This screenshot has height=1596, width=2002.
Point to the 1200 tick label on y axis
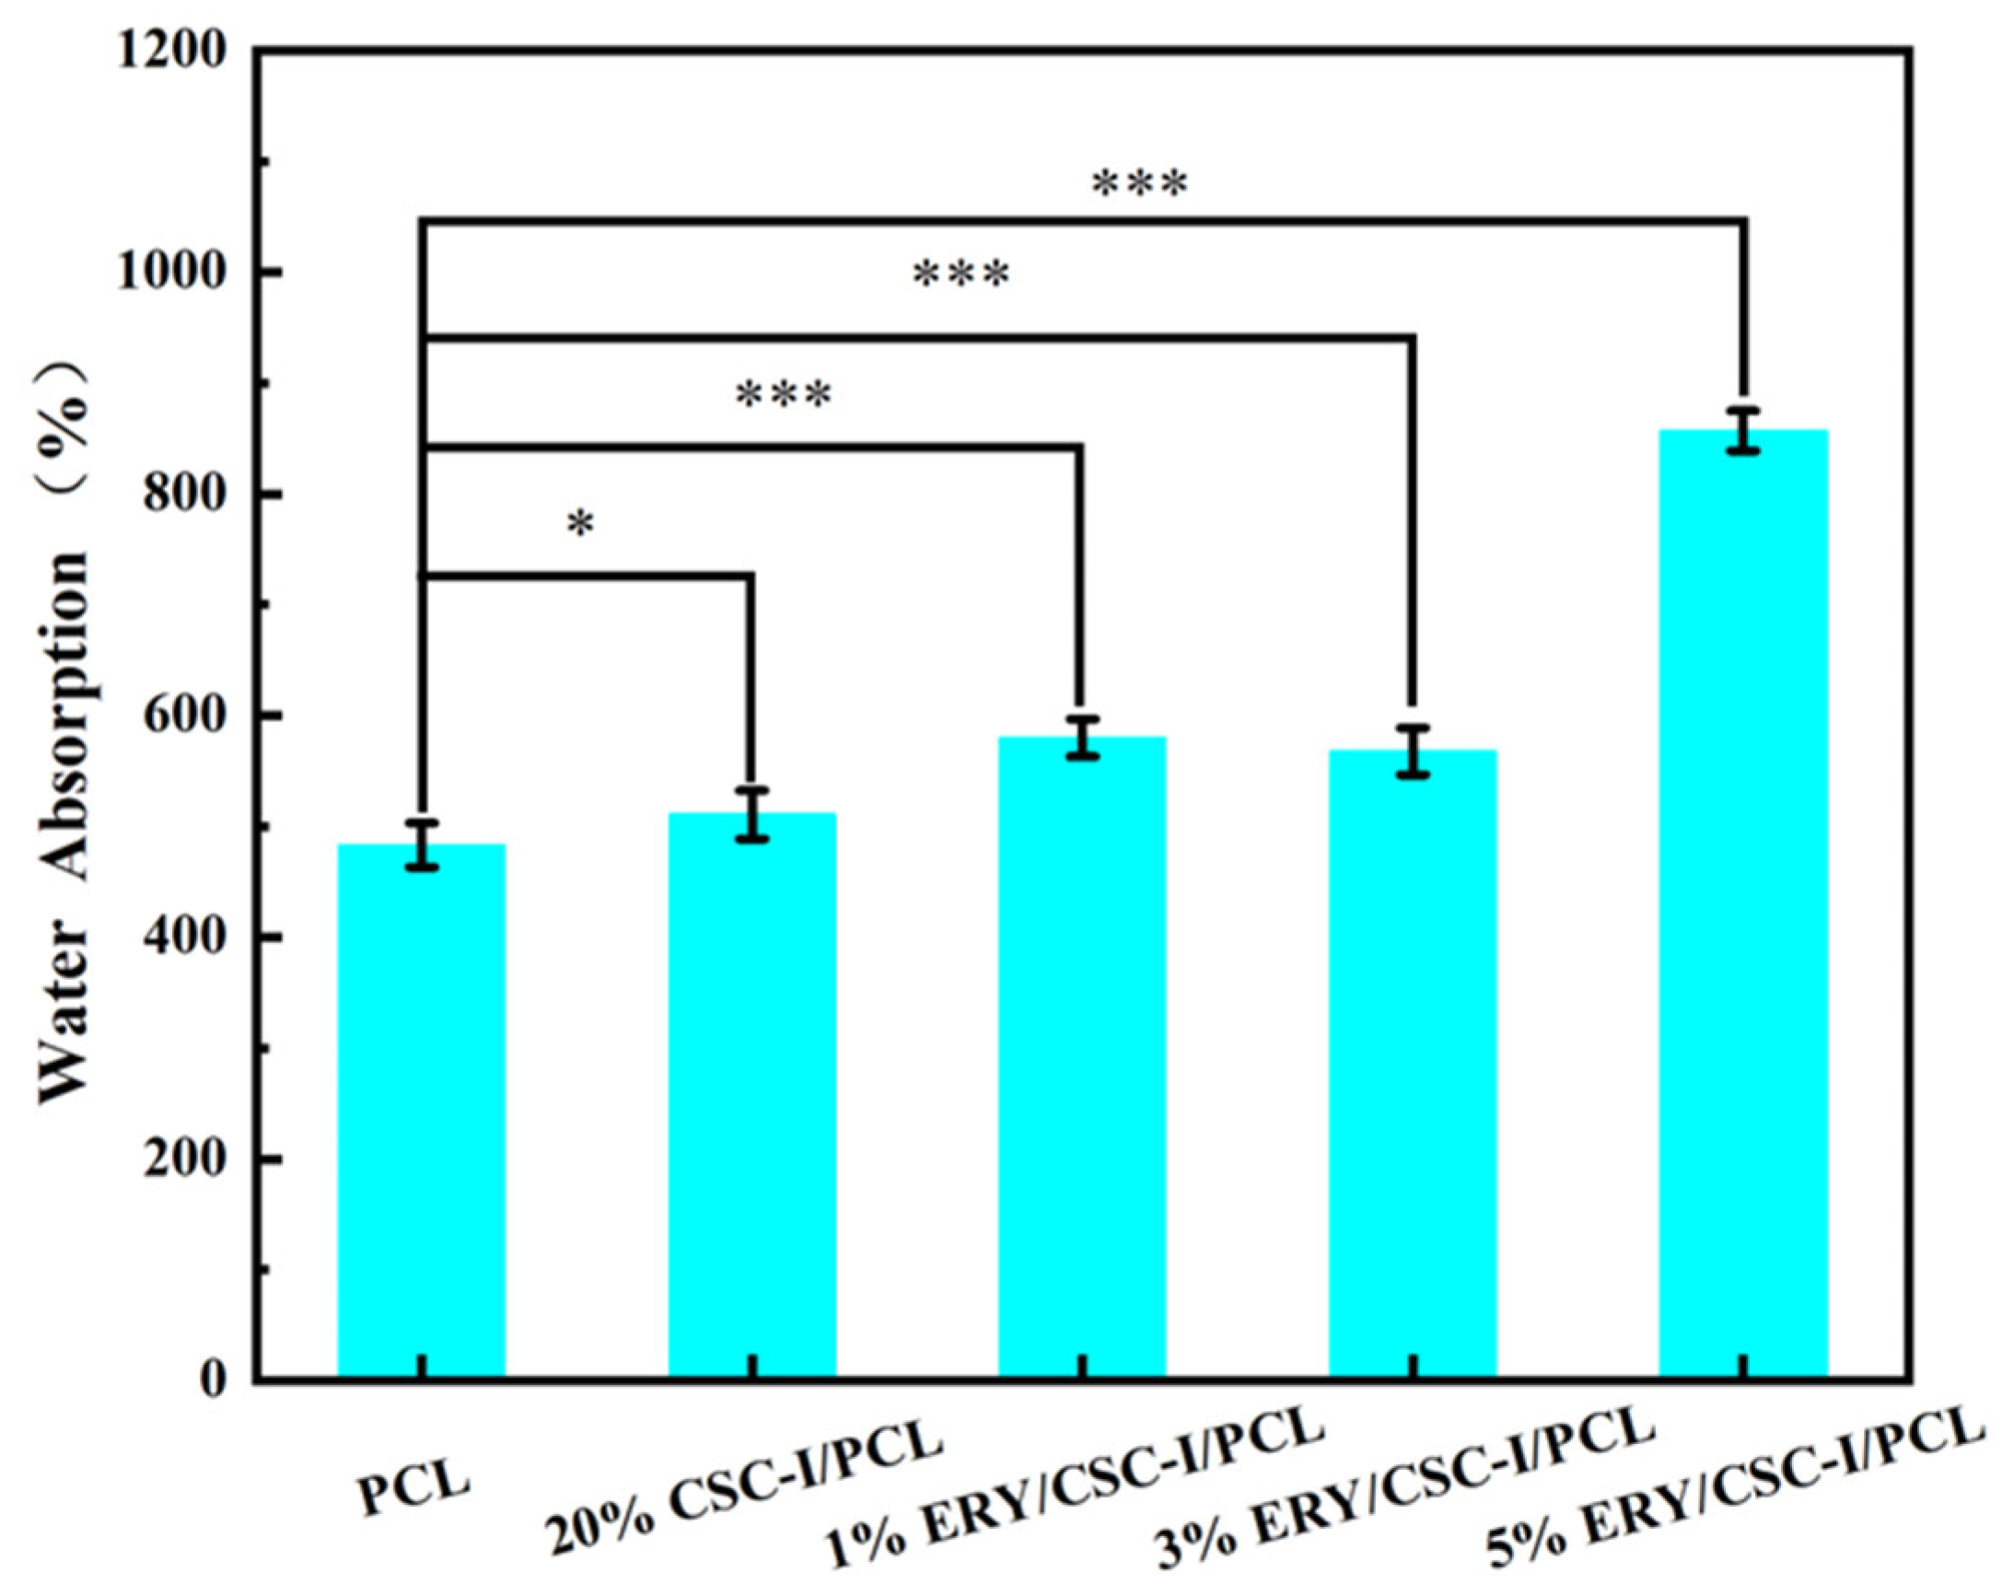pos(174,52)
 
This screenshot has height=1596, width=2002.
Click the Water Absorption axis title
pos(65,733)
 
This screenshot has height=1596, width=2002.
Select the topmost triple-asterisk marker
pos(1139,185)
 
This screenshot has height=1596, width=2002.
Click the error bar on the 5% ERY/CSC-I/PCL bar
pos(1743,431)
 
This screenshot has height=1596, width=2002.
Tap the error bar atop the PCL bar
pos(422,845)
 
